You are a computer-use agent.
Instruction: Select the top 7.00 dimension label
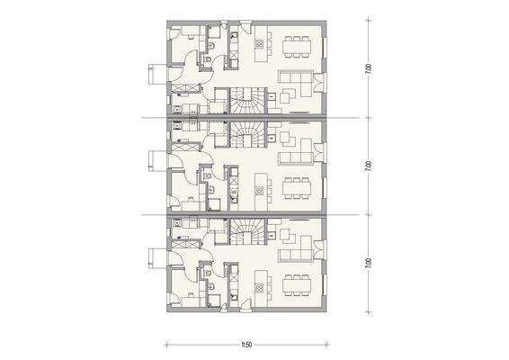pos(369,68)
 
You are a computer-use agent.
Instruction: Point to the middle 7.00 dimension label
pos(369,166)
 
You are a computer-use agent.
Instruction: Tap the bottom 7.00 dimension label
pos(369,263)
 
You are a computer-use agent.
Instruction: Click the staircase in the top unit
pos(245,99)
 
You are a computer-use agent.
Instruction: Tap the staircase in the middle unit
pos(245,136)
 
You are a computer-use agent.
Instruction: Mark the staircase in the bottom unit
pos(245,233)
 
